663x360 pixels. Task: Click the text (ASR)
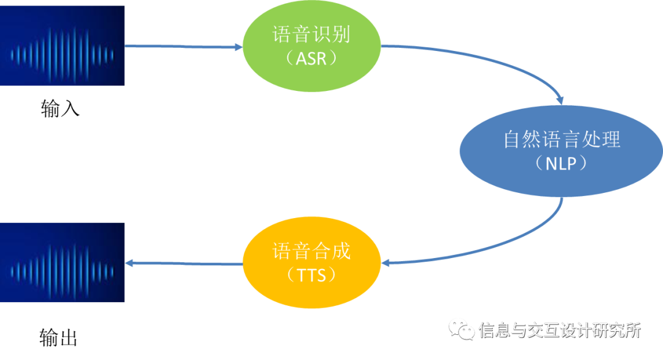(311, 59)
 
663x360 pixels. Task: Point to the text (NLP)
(561, 164)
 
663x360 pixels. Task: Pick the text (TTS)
(311, 275)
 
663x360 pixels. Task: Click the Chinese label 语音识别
(311, 34)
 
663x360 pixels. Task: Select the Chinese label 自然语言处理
(561, 139)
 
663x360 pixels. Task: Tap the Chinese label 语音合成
(311, 251)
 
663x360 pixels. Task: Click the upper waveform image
(62, 46)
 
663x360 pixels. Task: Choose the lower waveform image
(62, 262)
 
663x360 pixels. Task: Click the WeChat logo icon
(462, 329)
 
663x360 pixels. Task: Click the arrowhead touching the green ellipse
(238, 47)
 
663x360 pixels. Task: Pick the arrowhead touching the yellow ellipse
(386, 263)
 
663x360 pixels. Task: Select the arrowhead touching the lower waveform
(130, 264)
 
